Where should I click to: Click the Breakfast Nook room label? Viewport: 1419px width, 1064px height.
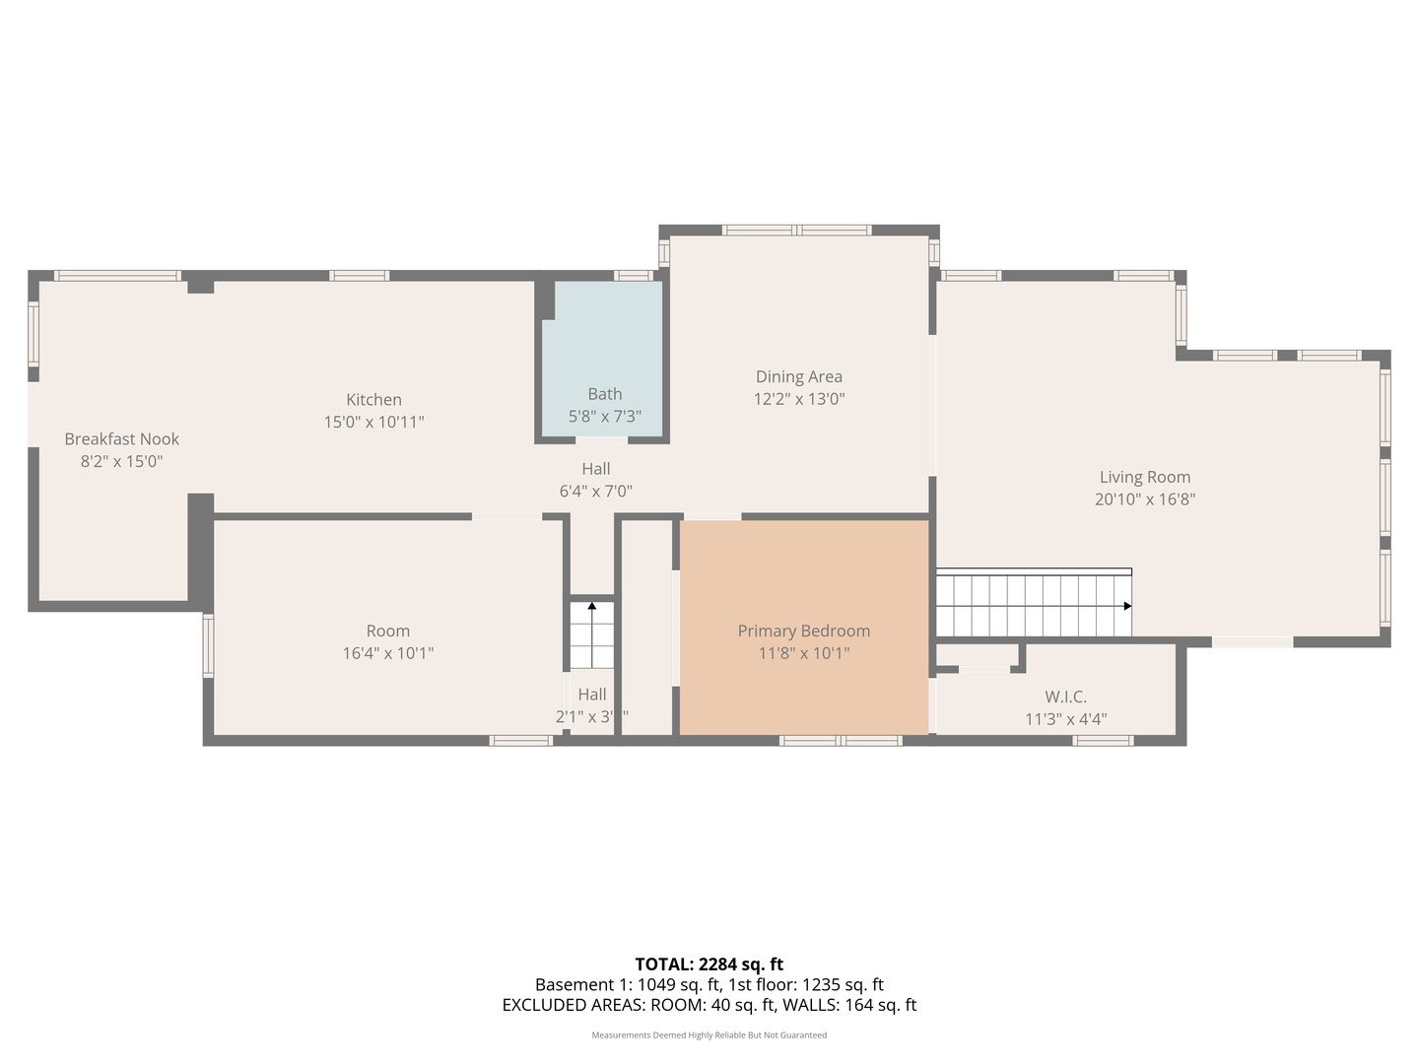(x=122, y=439)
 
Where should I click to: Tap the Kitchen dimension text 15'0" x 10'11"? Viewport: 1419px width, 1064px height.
(x=373, y=422)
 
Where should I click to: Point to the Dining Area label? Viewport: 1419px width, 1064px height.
(x=798, y=376)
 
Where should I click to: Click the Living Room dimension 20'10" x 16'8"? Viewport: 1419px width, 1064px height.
(x=1144, y=499)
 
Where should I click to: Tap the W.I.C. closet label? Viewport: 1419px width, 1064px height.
(x=1065, y=697)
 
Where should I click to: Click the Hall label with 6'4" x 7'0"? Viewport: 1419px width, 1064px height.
(x=595, y=469)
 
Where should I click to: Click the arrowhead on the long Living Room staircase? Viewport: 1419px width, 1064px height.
(x=1127, y=606)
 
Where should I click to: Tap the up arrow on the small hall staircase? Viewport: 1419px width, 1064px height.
(x=591, y=607)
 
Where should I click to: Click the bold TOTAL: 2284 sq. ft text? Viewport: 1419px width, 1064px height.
(x=709, y=964)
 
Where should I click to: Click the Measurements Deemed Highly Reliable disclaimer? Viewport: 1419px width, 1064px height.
(x=709, y=1035)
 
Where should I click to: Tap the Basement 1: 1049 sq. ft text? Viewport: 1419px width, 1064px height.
(x=627, y=984)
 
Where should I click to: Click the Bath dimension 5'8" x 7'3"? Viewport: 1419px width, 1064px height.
(x=604, y=417)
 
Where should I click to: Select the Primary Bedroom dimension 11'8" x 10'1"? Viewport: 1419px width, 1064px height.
(x=803, y=653)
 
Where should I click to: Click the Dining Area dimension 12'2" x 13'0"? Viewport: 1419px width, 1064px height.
(x=798, y=399)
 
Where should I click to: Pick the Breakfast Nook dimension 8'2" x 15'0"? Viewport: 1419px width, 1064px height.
(x=121, y=461)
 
